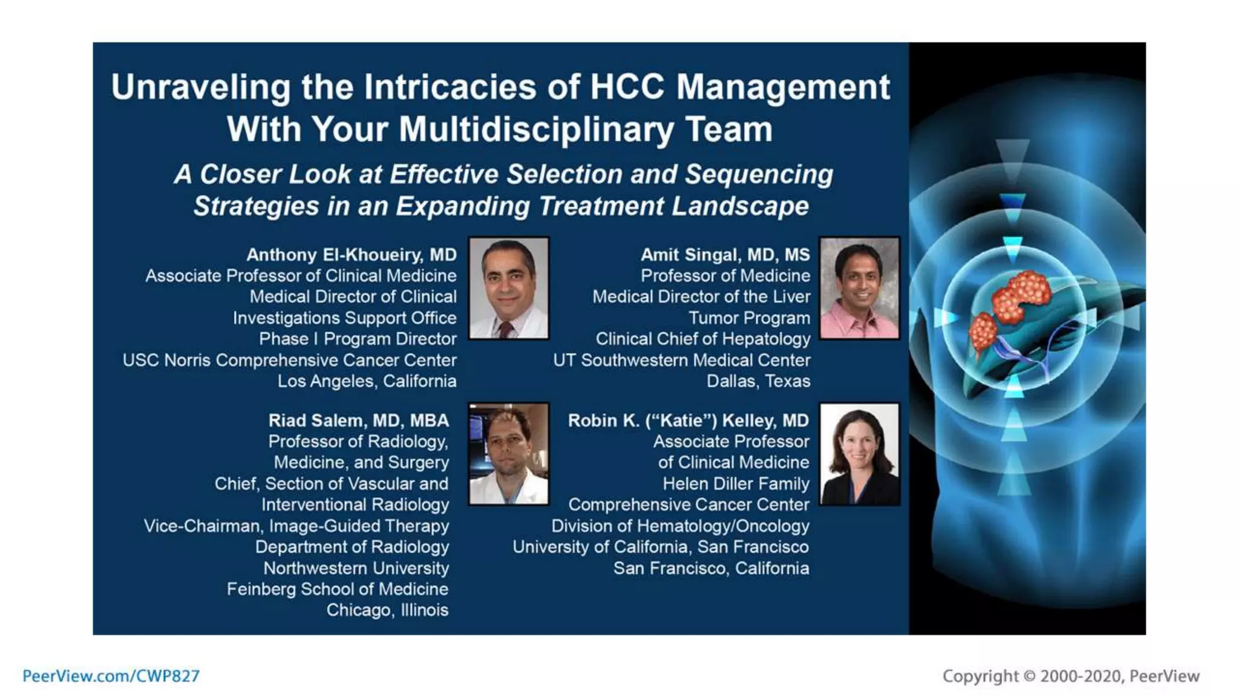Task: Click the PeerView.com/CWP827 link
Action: pyautogui.click(x=111, y=676)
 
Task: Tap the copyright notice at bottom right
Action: pyautogui.click(x=1070, y=676)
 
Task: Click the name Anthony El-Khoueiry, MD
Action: pyautogui.click(x=351, y=255)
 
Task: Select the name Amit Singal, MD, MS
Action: pyautogui.click(x=725, y=255)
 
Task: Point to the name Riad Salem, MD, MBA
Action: pyautogui.click(x=358, y=420)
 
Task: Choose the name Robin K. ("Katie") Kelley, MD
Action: pyautogui.click(x=688, y=420)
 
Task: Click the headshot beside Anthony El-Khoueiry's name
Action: pyautogui.click(x=509, y=288)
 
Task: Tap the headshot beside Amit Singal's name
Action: pyautogui.click(x=859, y=288)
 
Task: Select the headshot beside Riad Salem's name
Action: pyautogui.click(x=509, y=454)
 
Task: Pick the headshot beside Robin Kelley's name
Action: pyautogui.click(x=859, y=454)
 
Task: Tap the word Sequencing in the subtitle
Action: pyautogui.click(x=759, y=174)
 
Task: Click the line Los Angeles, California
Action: pyautogui.click(x=367, y=381)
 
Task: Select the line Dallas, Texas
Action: pyautogui.click(x=758, y=381)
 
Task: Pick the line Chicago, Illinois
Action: pyautogui.click(x=387, y=610)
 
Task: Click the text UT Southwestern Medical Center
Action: pyautogui.click(x=681, y=360)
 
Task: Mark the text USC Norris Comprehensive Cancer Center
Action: pyautogui.click(x=289, y=360)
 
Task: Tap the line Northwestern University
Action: pyautogui.click(x=356, y=568)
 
